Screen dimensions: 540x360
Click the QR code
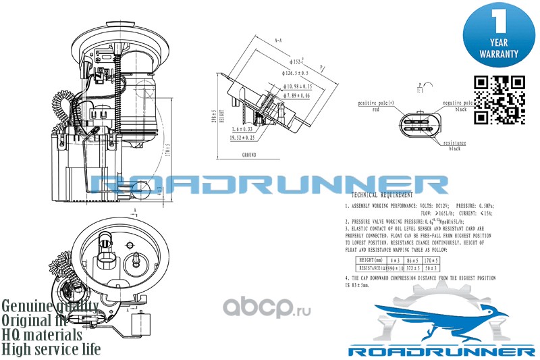[500, 99]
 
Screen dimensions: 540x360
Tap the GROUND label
[250, 155]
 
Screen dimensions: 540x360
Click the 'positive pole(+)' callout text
[375, 103]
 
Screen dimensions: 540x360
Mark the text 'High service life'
[51, 349]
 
